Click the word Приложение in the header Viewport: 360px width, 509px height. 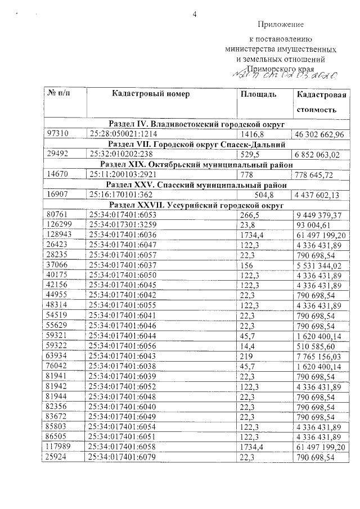tap(281, 24)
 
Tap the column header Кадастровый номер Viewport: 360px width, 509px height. tap(151, 94)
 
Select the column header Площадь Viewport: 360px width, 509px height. tap(258, 94)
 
